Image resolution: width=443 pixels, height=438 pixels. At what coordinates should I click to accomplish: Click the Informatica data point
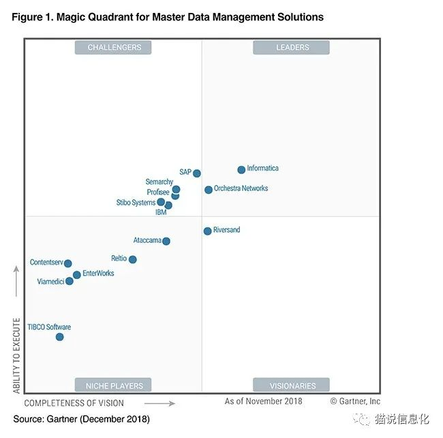click(241, 170)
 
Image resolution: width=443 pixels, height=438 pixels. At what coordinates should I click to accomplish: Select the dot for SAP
click(197, 173)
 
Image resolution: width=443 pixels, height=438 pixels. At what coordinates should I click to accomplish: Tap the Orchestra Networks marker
click(209, 190)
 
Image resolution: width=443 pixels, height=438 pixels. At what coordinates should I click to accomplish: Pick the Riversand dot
click(207, 231)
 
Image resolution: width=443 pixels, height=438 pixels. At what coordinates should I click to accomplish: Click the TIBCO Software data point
click(59, 337)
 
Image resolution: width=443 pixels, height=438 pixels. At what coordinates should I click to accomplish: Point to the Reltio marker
click(132, 260)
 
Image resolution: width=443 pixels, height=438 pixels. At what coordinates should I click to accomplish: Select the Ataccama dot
click(166, 241)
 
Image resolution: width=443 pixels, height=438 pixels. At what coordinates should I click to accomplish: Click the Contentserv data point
click(67, 263)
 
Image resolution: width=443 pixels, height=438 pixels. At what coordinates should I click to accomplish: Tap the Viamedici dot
click(69, 281)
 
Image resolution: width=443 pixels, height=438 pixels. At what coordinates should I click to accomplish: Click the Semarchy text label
click(159, 182)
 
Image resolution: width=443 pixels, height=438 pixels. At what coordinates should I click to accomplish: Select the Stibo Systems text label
click(136, 203)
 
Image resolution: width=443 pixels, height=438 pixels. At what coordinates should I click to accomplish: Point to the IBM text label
click(161, 212)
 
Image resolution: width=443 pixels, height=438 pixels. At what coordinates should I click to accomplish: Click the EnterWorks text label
click(98, 273)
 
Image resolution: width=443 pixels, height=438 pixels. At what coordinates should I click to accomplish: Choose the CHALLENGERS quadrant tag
click(114, 48)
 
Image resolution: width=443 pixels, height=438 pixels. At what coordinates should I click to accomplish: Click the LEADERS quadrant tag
click(292, 48)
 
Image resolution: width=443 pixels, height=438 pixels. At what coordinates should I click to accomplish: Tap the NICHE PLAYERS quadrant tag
click(114, 386)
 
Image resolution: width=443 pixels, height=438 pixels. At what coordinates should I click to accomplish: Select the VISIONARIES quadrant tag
click(292, 386)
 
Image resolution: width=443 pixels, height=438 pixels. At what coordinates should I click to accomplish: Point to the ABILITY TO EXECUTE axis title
click(17, 354)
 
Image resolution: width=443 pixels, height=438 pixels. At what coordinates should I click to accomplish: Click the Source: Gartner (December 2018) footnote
click(81, 419)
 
